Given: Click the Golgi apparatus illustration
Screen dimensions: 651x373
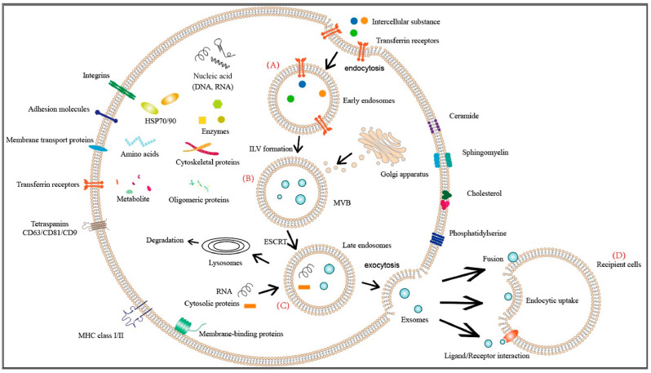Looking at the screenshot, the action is point(382,146).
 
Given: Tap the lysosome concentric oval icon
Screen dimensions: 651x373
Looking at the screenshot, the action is point(225,246).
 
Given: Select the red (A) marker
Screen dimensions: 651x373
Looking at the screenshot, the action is point(272,64).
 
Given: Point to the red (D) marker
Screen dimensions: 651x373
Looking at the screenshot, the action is point(618,255).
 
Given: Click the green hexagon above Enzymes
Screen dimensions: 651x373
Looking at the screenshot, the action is point(218,104).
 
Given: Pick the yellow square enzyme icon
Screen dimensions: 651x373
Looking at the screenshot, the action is point(202,120).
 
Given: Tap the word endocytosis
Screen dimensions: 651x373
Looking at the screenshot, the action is point(364,68).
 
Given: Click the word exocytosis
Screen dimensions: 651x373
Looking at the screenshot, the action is point(382,265).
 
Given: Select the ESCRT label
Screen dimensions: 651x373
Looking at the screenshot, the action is point(275,242).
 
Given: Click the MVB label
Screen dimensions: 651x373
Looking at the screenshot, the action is point(342,202).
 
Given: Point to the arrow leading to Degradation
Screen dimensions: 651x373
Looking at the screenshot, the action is point(193,241).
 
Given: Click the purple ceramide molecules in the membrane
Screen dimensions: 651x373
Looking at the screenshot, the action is point(435,126).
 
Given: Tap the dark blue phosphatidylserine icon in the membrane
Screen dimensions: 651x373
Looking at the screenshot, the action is point(436,239).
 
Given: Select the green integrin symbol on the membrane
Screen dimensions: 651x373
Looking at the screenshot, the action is point(122,90).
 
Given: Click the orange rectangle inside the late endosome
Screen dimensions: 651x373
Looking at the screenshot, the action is point(304,287).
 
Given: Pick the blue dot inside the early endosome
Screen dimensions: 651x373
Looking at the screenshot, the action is point(302,84).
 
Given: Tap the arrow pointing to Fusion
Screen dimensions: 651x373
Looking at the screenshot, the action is point(463,274).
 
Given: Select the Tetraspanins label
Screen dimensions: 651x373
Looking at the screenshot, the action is point(50,224).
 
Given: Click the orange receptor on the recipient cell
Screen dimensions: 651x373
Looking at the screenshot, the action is point(511,335).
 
